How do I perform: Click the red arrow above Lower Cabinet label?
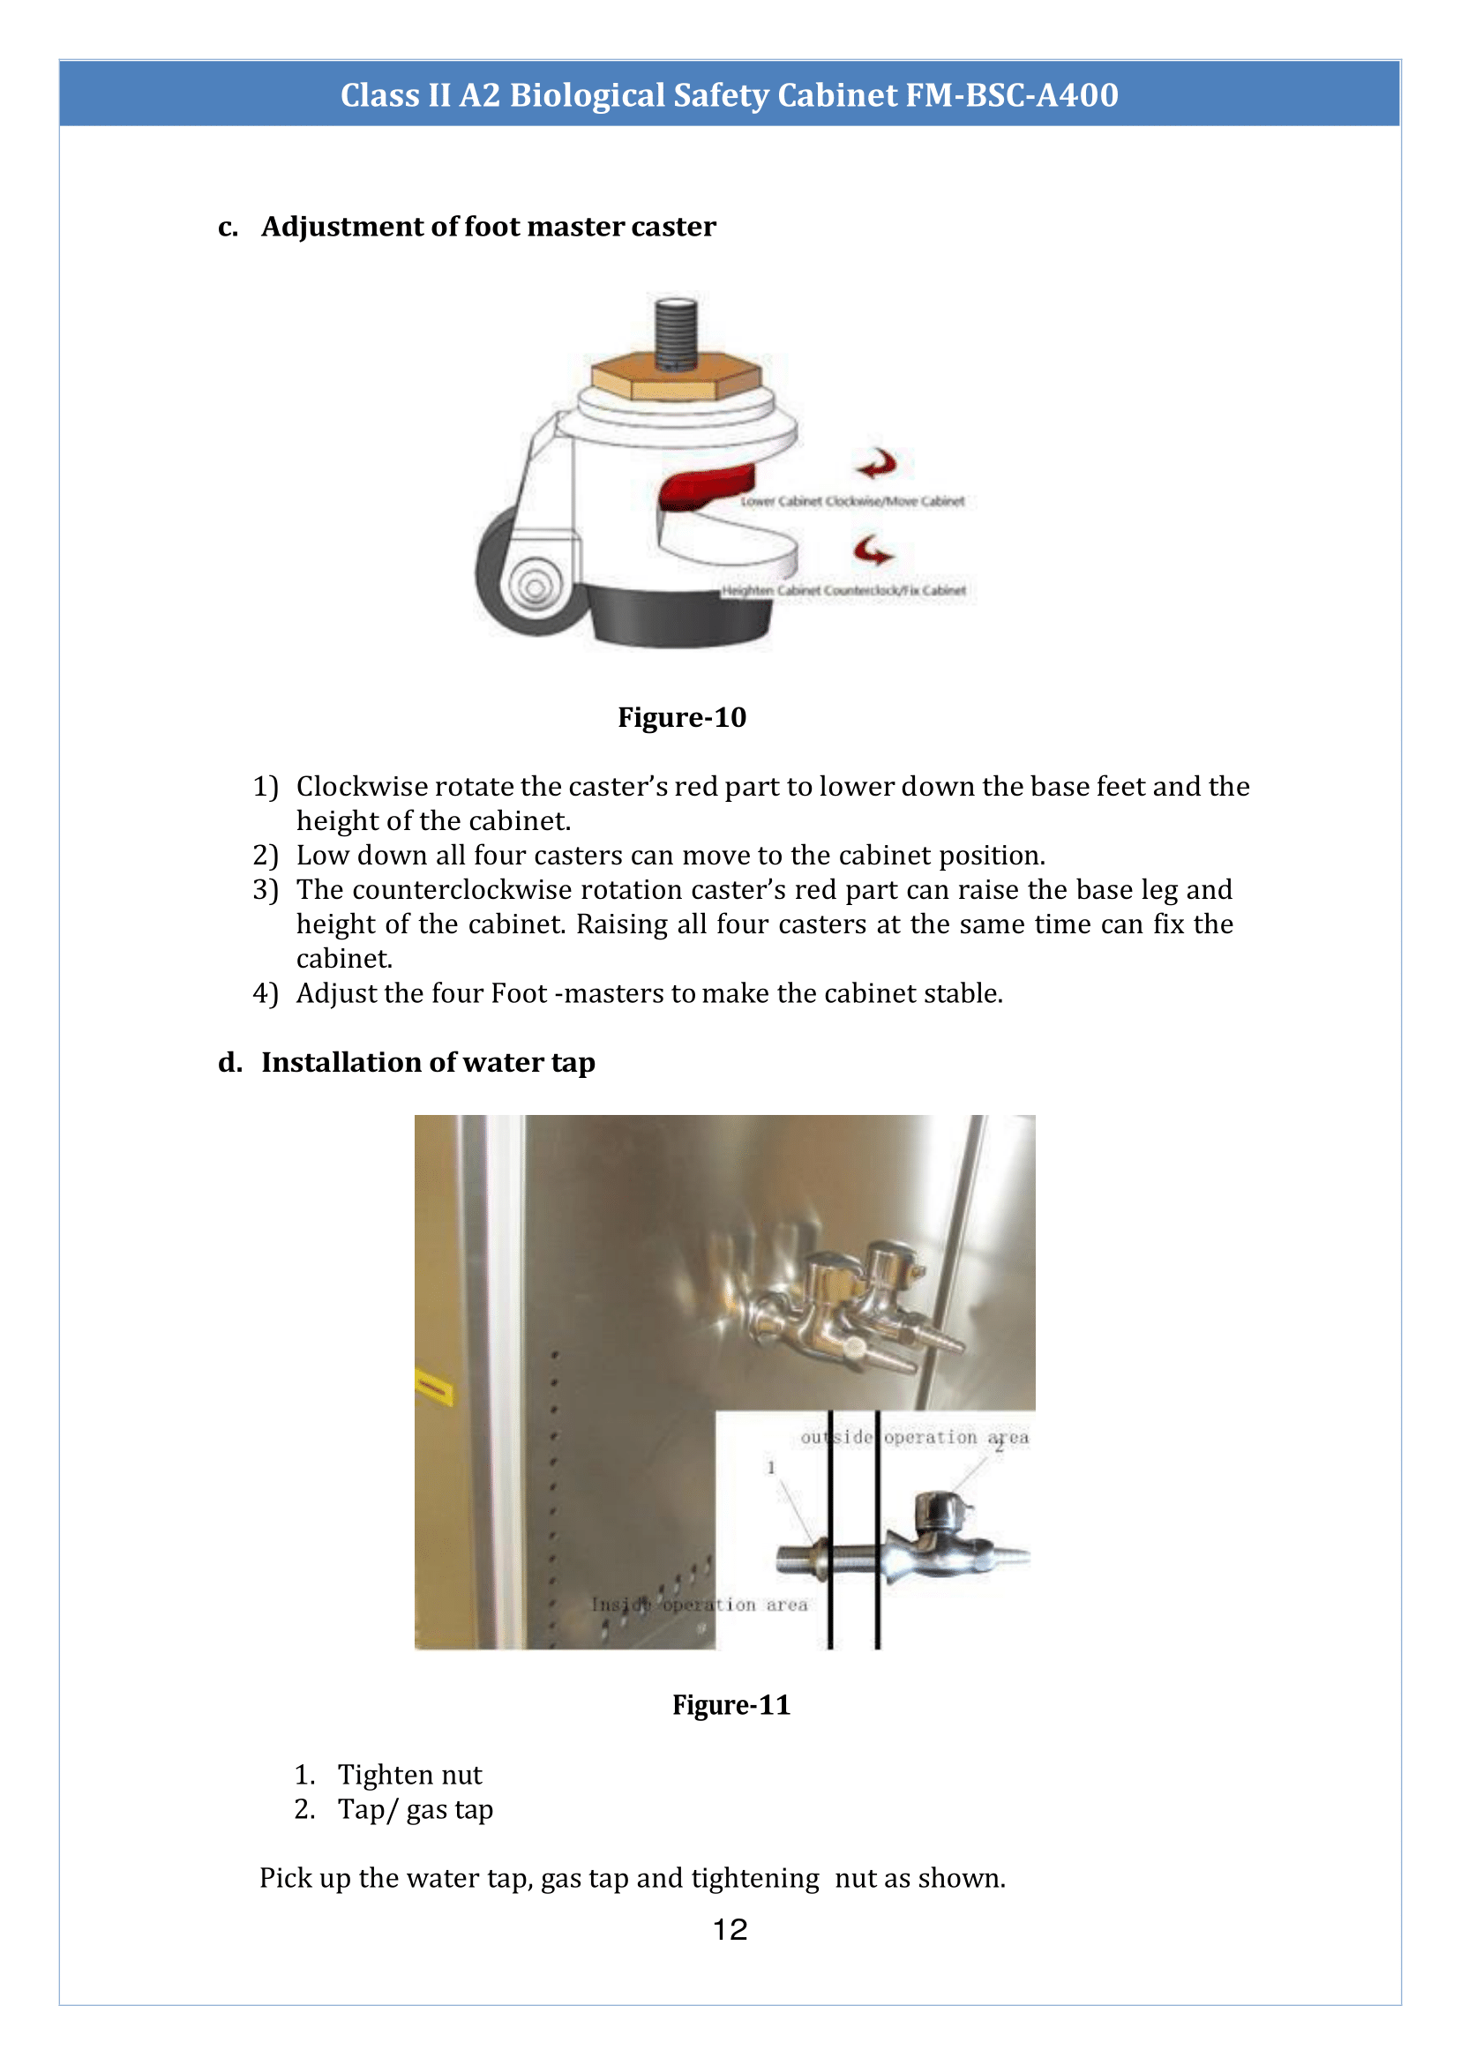click(x=876, y=464)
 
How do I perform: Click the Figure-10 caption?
click(x=681, y=717)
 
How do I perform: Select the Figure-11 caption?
click(x=730, y=1704)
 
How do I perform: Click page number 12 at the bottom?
click(x=730, y=1929)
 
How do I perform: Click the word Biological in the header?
click(x=587, y=94)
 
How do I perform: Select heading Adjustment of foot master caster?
click(x=489, y=227)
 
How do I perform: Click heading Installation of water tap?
click(x=428, y=1062)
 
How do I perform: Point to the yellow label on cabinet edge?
click(x=433, y=1388)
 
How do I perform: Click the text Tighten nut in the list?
click(x=409, y=1775)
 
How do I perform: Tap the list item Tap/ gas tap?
click(x=415, y=1808)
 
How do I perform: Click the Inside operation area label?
click(x=699, y=1605)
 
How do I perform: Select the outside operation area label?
click(x=914, y=1437)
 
